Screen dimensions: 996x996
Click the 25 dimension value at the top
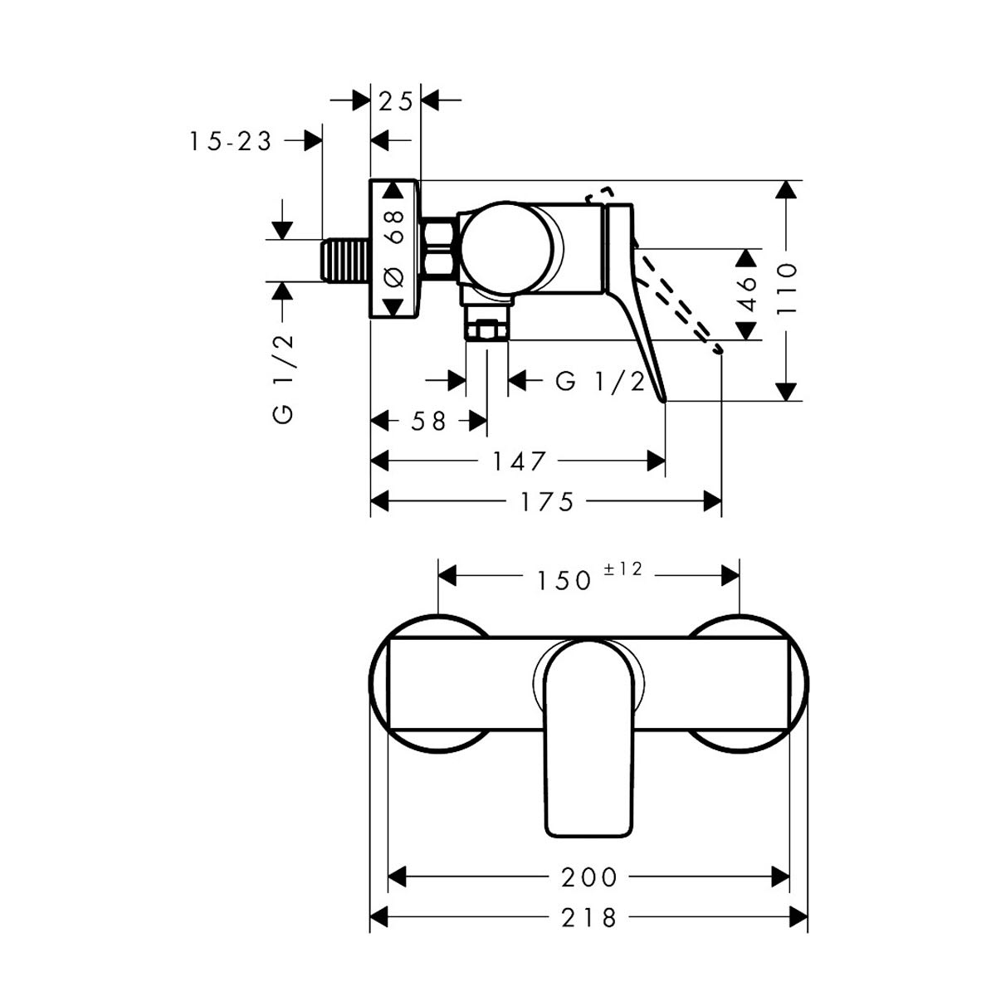[x=395, y=101]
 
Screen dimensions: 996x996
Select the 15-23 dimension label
[x=231, y=142]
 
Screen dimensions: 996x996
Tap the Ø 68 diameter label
[x=395, y=248]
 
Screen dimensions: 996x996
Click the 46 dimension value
[x=746, y=294]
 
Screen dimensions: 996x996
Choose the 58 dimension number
[x=428, y=422]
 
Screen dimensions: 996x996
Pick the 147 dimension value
[x=519, y=461]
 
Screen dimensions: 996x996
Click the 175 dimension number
[x=547, y=501]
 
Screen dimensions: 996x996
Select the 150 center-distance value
[x=564, y=580]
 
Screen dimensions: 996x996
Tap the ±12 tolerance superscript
[x=623, y=569]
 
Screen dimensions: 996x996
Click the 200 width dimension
[x=589, y=877]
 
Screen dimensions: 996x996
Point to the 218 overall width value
[x=588, y=918]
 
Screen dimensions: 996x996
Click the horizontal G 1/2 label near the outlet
[x=600, y=383]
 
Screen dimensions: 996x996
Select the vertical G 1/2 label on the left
[x=283, y=378]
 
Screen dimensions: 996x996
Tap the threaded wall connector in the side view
[x=344, y=261]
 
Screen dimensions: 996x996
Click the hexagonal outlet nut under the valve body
[x=486, y=330]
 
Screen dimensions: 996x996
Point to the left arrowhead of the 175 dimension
[x=380, y=501]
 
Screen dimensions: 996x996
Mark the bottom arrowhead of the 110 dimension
[x=786, y=392]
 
